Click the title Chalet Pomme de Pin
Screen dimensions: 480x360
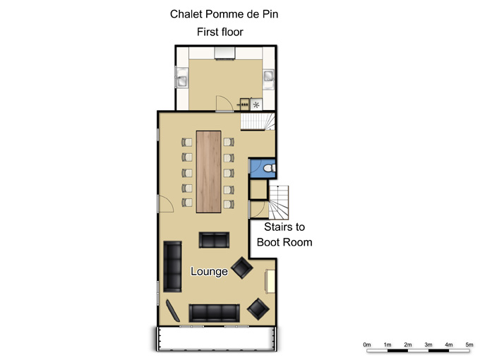coord(224,14)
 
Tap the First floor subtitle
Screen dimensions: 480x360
coord(220,32)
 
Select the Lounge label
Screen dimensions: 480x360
coord(209,271)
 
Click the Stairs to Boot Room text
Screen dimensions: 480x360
coord(284,234)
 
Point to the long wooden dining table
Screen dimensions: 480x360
coord(208,172)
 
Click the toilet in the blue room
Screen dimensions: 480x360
coord(270,168)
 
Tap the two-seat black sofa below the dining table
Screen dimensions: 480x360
coord(214,240)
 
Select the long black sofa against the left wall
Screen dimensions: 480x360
coord(172,266)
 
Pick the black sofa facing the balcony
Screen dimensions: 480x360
coord(215,313)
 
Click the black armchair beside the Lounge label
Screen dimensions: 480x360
coord(242,268)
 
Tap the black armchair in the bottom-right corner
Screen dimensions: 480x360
coord(258,309)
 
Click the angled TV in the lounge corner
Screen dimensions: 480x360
coord(173,311)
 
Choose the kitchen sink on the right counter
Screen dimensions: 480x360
coord(269,79)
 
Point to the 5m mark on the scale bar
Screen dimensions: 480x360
coord(469,344)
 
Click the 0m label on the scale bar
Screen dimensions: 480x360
coord(367,344)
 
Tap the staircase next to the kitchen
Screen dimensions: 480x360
coord(258,121)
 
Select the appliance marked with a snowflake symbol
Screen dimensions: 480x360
coord(256,104)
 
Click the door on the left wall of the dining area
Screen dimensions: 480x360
coord(166,204)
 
